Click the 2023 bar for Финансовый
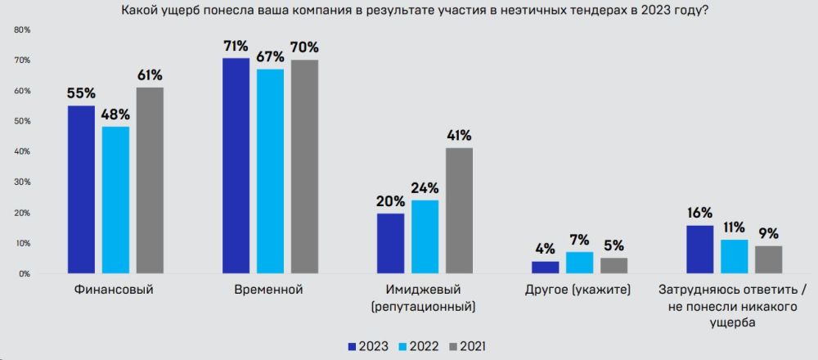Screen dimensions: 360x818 (81, 190)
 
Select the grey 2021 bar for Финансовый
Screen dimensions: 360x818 (150, 180)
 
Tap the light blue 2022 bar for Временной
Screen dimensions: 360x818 (270, 171)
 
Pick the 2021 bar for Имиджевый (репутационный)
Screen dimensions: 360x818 (459, 210)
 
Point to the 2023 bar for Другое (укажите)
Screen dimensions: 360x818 (546, 268)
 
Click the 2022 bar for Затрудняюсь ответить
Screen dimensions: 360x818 (734, 257)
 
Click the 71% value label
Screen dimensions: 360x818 (236, 45)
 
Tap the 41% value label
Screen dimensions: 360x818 (459, 135)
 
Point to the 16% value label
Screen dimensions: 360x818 (699, 213)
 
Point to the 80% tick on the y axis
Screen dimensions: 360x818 (23, 29)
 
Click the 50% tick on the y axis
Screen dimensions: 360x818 (23, 121)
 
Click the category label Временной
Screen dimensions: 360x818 (270, 290)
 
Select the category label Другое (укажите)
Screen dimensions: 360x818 (579, 290)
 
